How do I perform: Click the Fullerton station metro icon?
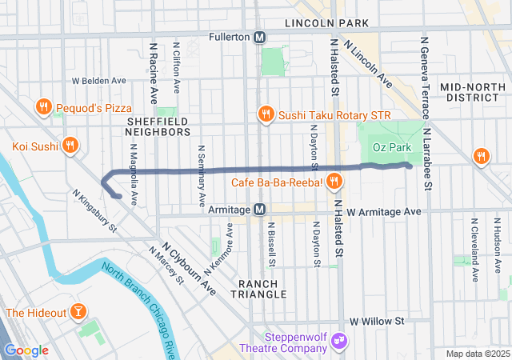point(260,37)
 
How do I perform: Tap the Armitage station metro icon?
point(260,210)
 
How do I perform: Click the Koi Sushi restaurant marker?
point(70,146)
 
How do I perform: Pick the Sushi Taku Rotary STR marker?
point(266,114)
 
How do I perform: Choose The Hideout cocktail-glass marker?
point(78,311)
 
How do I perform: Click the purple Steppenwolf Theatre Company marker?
point(339,342)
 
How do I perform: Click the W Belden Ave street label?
point(99,81)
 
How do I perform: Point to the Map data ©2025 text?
point(477,354)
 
